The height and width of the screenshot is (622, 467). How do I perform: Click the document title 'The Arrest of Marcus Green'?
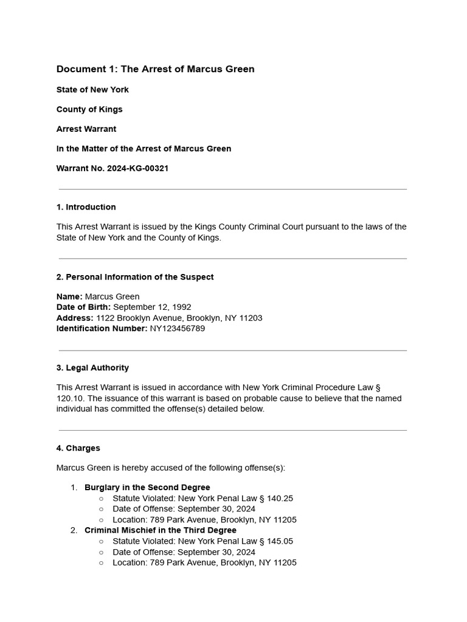(x=187, y=69)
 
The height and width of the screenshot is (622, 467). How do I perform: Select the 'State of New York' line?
(x=92, y=90)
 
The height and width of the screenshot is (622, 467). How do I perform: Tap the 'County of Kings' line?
(x=89, y=109)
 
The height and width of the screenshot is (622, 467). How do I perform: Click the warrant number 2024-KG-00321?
(x=137, y=168)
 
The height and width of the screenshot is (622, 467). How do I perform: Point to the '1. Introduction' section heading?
(x=86, y=207)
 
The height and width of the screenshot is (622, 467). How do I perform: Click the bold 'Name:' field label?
(x=69, y=297)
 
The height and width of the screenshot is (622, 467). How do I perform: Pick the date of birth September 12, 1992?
(x=152, y=307)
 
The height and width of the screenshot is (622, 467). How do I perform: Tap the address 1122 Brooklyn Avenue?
(x=140, y=318)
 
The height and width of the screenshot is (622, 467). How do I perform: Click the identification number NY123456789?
(x=178, y=329)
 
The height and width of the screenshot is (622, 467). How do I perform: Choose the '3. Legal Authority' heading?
(x=92, y=367)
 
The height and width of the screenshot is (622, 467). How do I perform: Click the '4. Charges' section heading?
(x=78, y=448)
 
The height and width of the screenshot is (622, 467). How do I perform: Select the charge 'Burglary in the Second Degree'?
(x=147, y=487)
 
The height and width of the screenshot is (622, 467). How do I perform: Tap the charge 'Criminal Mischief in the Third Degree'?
(x=161, y=530)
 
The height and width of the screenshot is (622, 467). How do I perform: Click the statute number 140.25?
(x=280, y=498)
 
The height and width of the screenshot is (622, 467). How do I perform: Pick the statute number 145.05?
(x=280, y=541)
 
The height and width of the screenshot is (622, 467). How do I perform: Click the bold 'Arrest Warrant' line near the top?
(x=86, y=129)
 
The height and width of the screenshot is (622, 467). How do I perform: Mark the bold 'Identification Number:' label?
(x=102, y=329)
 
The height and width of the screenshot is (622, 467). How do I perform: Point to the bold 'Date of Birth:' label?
(x=84, y=307)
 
